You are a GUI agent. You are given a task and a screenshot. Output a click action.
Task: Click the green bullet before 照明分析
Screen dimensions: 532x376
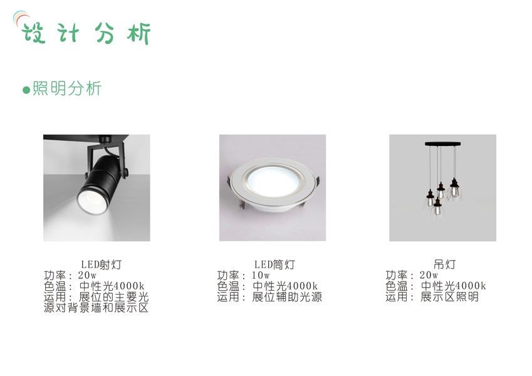tap(26, 90)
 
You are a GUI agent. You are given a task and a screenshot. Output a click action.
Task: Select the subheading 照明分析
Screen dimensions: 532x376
tap(67, 88)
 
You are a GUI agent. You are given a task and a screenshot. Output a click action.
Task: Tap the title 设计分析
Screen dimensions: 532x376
tap(86, 33)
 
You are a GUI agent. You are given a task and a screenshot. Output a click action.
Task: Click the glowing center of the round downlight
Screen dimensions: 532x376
tap(273, 182)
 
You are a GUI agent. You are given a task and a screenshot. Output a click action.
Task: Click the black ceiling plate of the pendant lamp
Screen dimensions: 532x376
tap(443, 144)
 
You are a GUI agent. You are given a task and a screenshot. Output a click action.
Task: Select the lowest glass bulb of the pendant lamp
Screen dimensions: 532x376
tap(437, 209)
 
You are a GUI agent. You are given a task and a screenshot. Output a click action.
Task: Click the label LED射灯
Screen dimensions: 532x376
tap(101, 264)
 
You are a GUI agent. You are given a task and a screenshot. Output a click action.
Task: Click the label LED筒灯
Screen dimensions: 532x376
tap(274, 264)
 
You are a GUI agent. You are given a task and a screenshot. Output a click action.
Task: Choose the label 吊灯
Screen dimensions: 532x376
tap(444, 264)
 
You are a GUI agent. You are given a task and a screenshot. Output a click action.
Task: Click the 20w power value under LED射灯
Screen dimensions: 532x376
tap(87, 275)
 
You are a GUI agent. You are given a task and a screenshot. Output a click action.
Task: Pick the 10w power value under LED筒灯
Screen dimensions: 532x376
tap(261, 275)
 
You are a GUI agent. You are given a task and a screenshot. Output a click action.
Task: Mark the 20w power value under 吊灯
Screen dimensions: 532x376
tap(429, 275)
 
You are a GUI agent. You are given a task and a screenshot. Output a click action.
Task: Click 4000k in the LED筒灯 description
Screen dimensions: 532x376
tap(301, 286)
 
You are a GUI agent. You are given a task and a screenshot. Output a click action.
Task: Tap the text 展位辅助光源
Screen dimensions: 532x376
tap(287, 297)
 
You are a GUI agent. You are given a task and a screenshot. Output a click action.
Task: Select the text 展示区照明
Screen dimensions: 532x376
tap(449, 297)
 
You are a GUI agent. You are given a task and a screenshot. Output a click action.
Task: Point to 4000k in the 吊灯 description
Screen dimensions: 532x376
tap(470, 286)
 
